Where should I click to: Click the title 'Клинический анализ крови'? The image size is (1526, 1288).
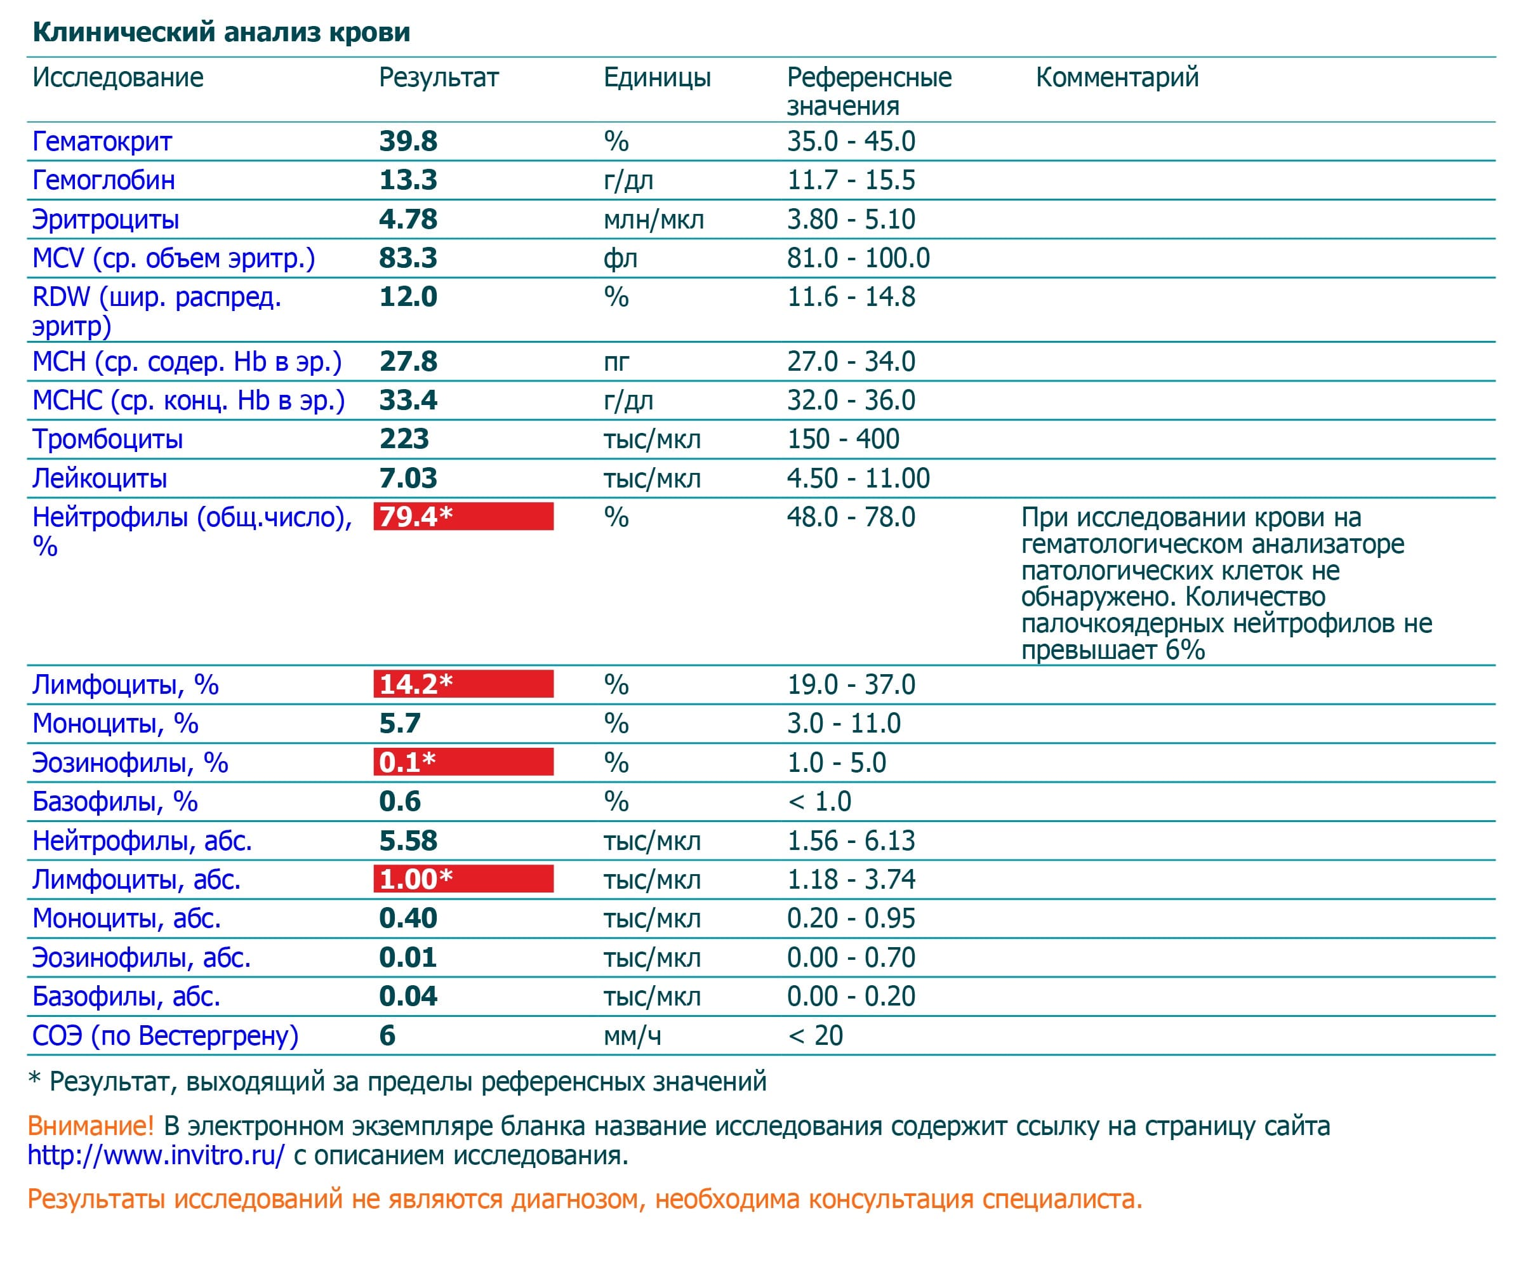[x=222, y=32]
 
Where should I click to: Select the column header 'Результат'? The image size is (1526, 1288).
[x=438, y=77]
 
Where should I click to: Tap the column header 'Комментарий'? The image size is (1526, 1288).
[x=1117, y=77]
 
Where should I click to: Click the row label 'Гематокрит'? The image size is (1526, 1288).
[x=102, y=142]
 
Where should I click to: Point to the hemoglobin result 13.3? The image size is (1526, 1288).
[x=408, y=180]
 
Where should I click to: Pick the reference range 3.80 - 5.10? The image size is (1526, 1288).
[x=851, y=219]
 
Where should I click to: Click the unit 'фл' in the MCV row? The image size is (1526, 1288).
[x=620, y=258]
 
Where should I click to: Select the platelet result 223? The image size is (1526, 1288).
[x=404, y=439]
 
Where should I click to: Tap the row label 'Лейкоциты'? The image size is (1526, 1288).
[x=99, y=478]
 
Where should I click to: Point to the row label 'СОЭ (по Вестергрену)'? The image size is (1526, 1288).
[x=165, y=1035]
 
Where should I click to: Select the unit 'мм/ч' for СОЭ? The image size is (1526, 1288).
[x=632, y=1035]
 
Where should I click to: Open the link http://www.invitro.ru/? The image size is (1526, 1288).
[x=156, y=1155]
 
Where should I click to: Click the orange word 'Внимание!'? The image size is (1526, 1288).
[x=91, y=1126]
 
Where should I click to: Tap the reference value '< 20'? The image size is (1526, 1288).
[x=815, y=1035]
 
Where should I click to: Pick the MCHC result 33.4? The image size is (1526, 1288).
[x=408, y=400]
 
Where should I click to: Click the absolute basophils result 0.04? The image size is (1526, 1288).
[x=408, y=996]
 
